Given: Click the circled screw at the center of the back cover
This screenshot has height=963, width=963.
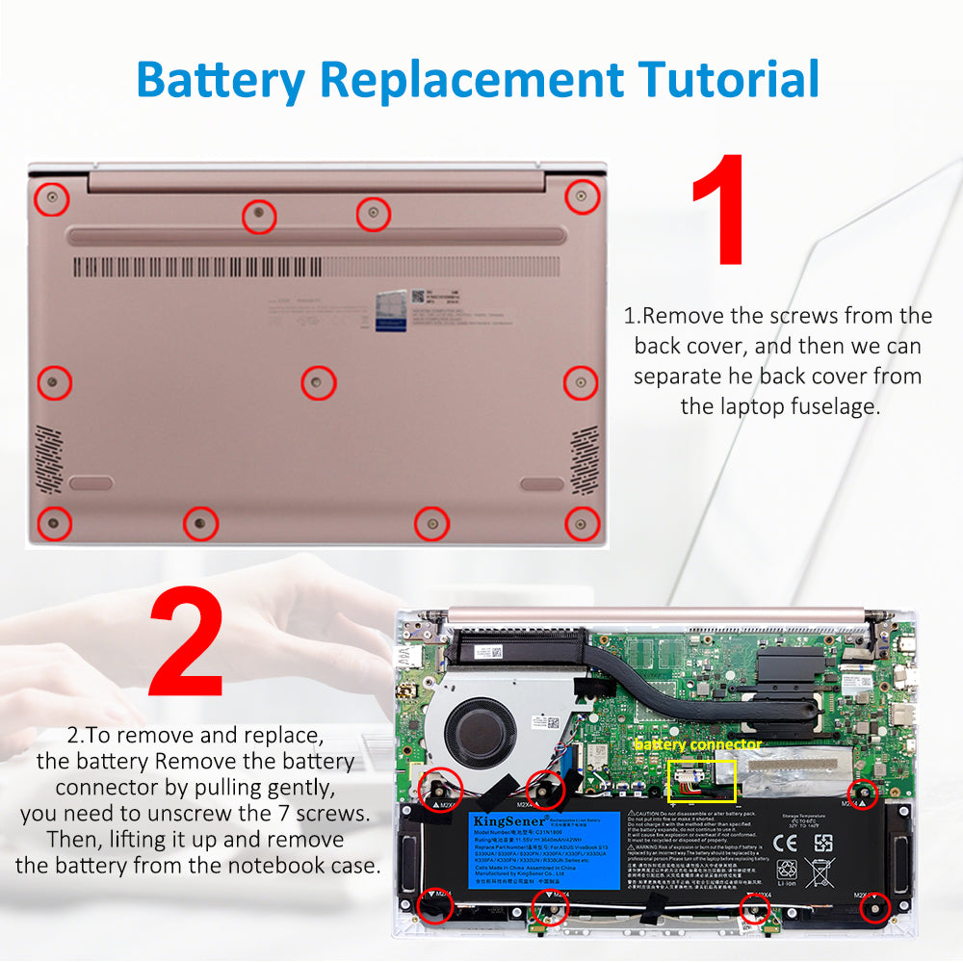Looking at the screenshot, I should (319, 382).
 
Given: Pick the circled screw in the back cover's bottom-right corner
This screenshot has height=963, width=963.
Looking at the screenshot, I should (581, 523).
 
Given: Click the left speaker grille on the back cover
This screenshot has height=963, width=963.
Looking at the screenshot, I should (49, 458).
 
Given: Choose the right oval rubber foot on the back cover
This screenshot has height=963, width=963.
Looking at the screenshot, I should (541, 482).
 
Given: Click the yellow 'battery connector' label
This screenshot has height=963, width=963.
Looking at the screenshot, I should (697, 744).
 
